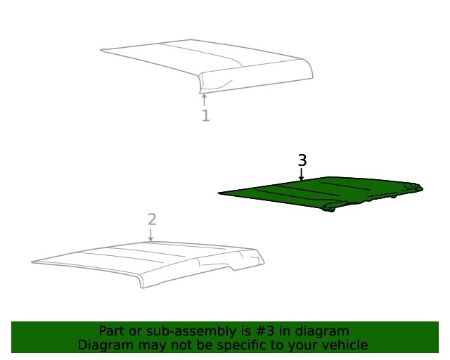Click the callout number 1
[x=206, y=116]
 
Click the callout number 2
[x=152, y=219]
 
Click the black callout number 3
[x=302, y=160]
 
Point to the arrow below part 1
[x=204, y=100]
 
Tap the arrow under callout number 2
[x=150, y=235]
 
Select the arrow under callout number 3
[x=301, y=174]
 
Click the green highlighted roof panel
[x=321, y=193]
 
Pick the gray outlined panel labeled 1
[x=206, y=66]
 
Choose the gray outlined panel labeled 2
[x=148, y=264]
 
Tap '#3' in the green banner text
[x=264, y=331]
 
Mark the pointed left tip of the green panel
[x=219, y=193]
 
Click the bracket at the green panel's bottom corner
[x=328, y=208]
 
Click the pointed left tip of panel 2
[x=32, y=262]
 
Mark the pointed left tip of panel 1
[x=101, y=50]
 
